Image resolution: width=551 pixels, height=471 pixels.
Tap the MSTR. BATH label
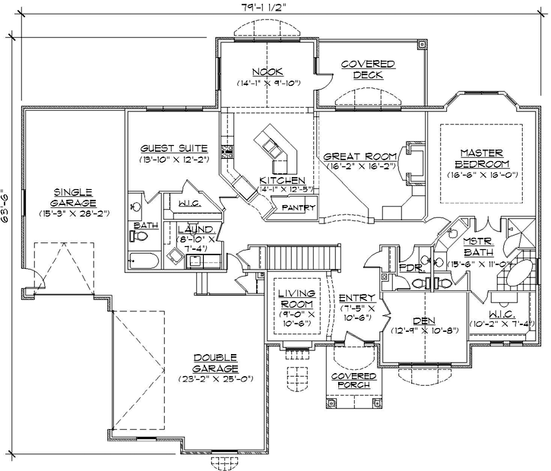(479, 248)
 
